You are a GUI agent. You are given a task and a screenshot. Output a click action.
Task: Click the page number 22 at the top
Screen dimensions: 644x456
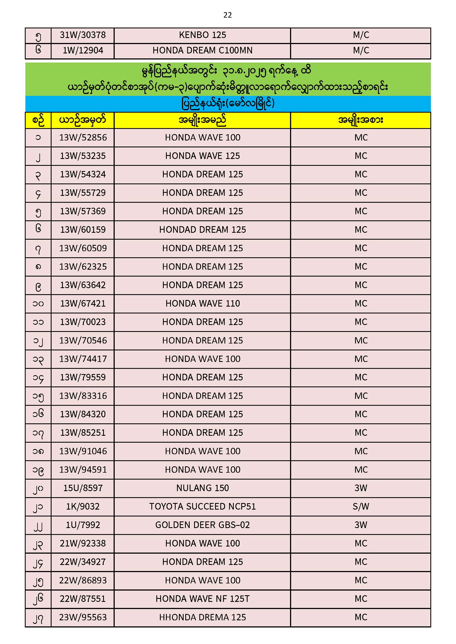click(227, 15)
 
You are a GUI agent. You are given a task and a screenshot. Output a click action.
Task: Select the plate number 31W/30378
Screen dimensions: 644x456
click(83, 35)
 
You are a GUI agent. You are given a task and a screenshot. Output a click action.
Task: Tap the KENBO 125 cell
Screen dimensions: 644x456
click(202, 35)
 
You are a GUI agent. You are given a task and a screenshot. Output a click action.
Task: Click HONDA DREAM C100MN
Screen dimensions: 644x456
click(202, 50)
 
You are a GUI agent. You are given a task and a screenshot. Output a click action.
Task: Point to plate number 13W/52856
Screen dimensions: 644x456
click(83, 137)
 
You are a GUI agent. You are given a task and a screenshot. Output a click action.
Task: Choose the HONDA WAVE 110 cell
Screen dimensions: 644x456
click(202, 304)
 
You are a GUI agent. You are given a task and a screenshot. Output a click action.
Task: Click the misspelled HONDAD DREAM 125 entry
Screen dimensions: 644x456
click(202, 230)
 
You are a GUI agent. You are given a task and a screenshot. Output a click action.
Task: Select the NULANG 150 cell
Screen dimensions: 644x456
click(202, 488)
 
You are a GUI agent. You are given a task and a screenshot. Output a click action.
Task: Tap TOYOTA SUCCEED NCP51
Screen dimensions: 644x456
click(202, 507)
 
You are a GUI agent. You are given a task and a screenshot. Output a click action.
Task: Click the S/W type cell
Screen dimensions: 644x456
click(361, 507)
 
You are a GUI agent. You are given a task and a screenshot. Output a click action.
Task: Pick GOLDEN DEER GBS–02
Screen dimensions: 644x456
click(202, 525)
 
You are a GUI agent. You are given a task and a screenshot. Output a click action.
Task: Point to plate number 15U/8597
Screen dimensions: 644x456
click(83, 488)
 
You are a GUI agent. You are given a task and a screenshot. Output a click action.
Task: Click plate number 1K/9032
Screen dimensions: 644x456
click(83, 507)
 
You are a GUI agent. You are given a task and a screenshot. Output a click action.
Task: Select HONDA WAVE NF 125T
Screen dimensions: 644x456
click(202, 599)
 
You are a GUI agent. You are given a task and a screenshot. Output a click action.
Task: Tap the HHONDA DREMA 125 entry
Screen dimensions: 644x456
click(202, 617)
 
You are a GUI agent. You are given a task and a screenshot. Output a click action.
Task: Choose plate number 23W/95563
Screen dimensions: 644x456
click(83, 617)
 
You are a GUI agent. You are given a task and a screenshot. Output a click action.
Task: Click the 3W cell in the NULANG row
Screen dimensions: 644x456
click(361, 488)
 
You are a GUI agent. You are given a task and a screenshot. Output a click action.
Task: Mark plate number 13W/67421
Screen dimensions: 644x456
click(83, 304)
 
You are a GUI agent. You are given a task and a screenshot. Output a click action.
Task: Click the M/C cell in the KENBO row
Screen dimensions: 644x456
click(361, 35)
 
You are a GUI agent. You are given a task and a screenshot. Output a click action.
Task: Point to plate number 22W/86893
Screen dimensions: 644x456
click(83, 580)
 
